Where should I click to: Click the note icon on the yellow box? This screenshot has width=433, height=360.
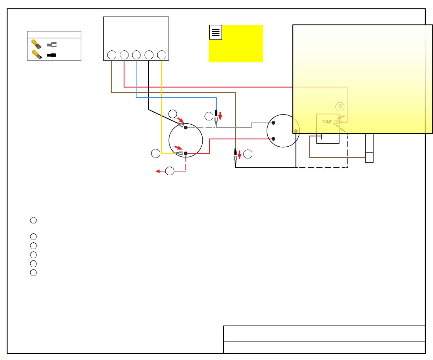[x=216, y=32]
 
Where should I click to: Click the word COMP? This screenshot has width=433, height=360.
[x=327, y=122]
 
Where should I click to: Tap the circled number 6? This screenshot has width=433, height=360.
[x=340, y=106]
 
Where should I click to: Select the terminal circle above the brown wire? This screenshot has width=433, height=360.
[x=112, y=55]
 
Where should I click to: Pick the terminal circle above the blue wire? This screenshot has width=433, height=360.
[x=136, y=55]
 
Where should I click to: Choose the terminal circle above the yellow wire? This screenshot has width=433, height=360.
[x=162, y=55]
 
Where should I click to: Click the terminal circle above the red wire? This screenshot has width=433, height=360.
[x=124, y=55]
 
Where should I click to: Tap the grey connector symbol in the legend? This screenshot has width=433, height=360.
[x=52, y=45]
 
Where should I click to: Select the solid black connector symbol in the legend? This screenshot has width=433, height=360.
[x=51, y=55]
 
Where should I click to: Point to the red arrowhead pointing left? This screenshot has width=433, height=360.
[x=158, y=171]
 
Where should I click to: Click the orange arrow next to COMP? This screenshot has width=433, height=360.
[x=341, y=117]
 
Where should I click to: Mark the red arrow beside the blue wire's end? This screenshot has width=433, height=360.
[x=220, y=116]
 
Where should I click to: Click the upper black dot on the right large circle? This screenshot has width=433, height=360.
[x=273, y=123]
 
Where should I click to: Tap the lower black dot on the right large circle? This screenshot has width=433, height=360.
[x=273, y=139]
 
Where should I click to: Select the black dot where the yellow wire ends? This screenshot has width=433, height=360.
[x=186, y=153]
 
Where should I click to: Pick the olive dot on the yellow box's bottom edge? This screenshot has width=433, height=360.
[x=296, y=131]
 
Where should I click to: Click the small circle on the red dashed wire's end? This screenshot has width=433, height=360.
[x=170, y=171]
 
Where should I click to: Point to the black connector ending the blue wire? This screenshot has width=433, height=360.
[x=216, y=113]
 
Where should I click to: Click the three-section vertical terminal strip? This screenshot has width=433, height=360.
[x=369, y=148]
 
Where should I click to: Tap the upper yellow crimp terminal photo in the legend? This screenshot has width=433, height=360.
[x=36, y=44]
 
